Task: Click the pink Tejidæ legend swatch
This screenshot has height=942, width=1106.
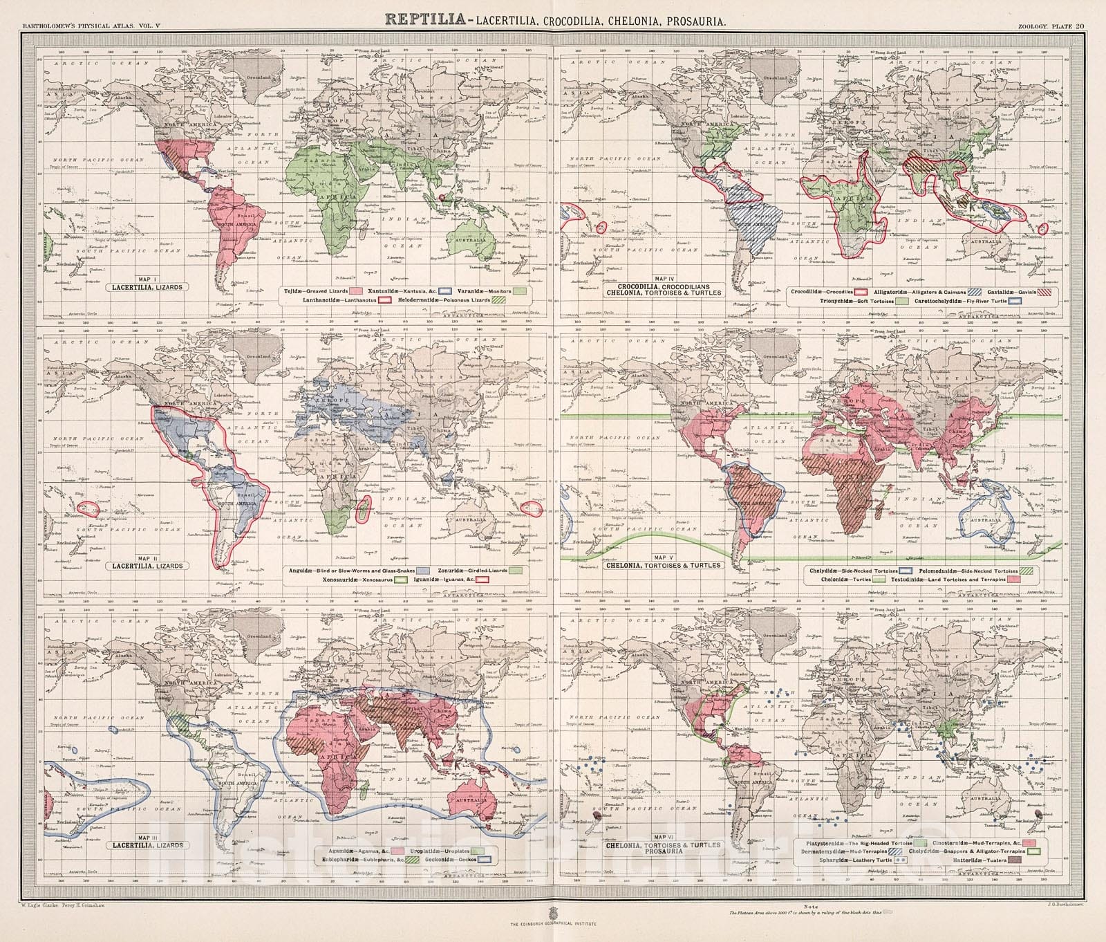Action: (355, 290)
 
